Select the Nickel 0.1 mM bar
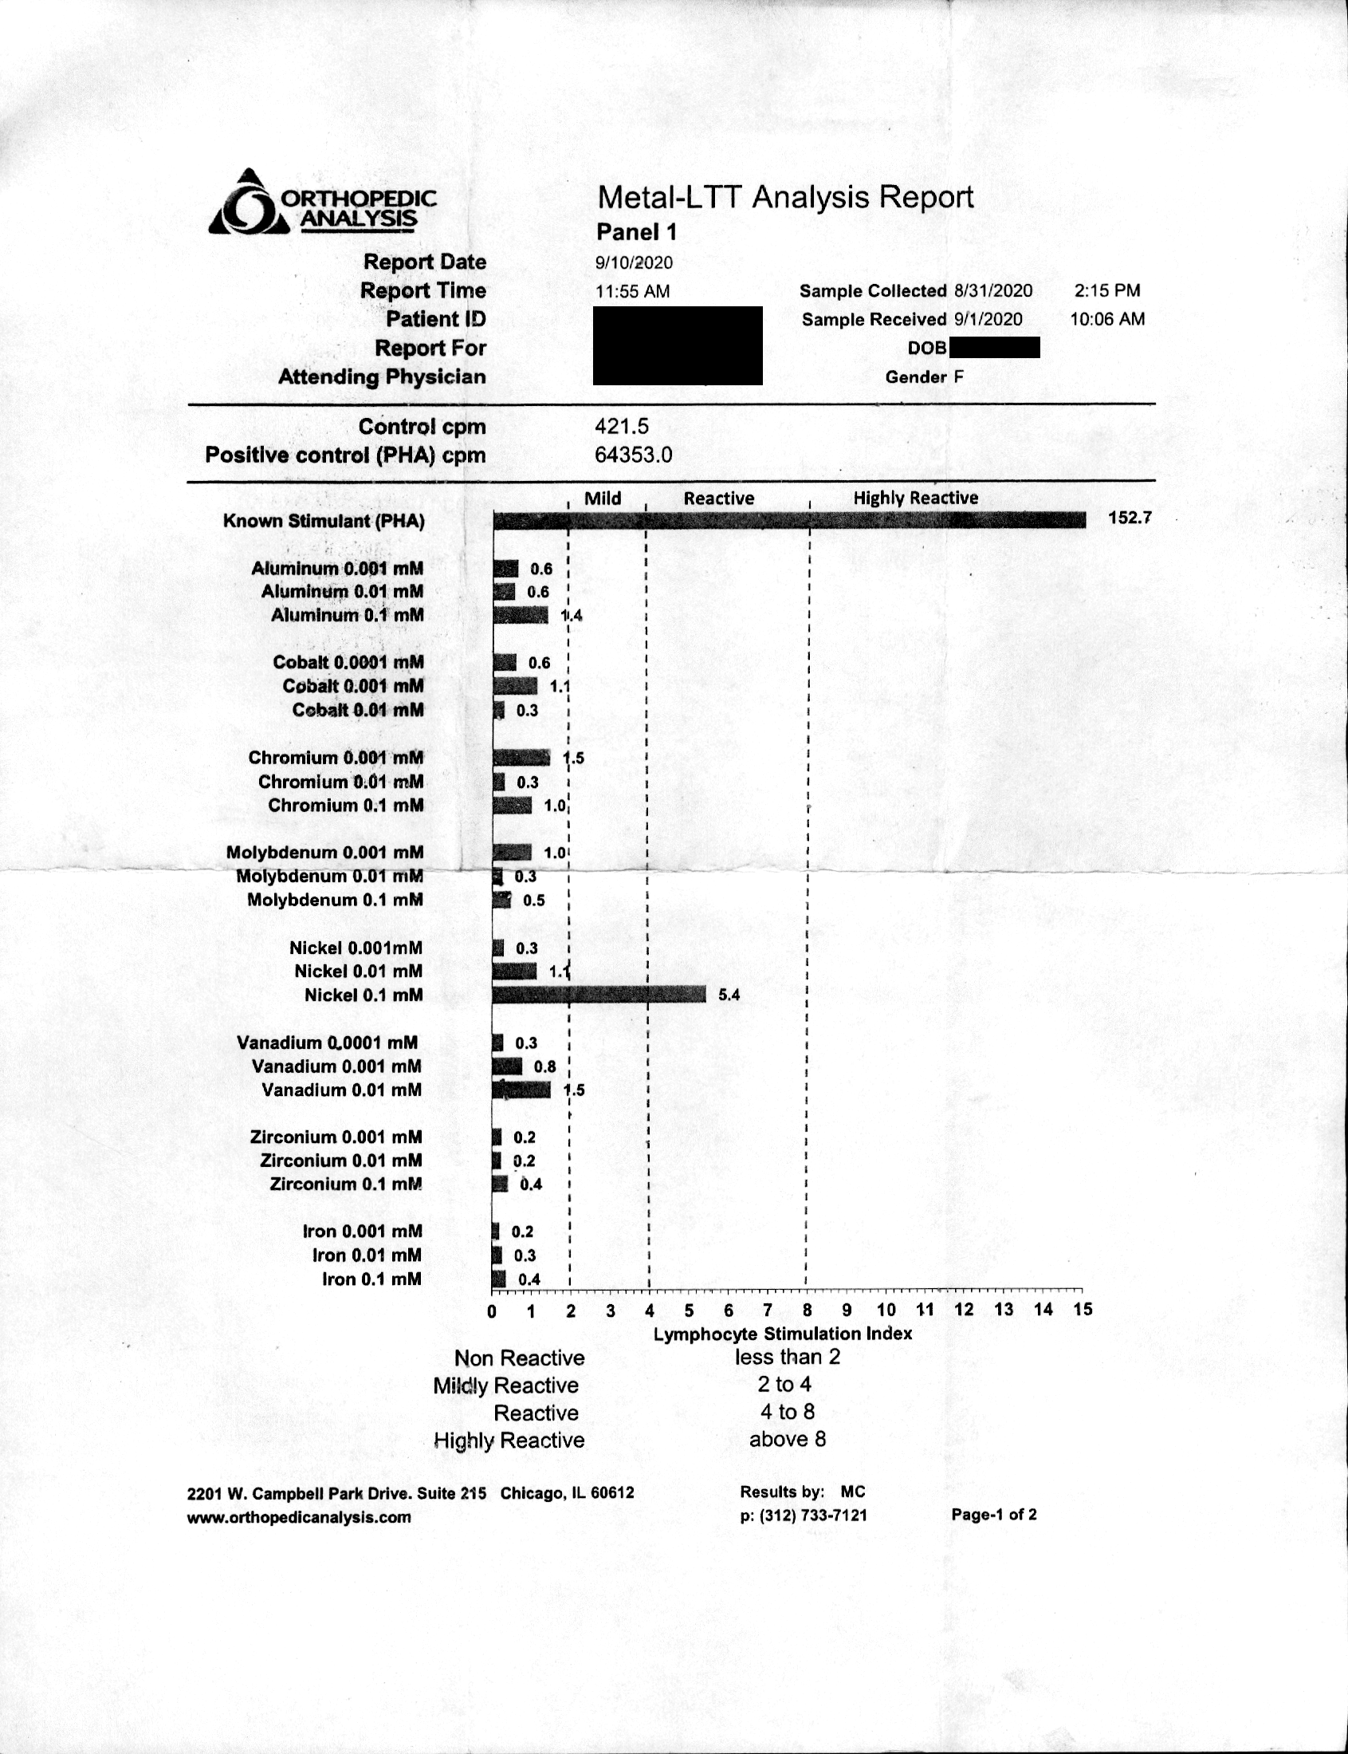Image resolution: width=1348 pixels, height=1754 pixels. click(599, 995)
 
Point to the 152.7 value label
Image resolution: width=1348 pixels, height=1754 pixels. click(1129, 518)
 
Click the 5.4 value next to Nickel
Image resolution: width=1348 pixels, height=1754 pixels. click(729, 995)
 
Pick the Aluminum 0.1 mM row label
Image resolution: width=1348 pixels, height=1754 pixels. click(347, 616)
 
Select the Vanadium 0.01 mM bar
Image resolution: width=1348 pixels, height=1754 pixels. click(521, 1090)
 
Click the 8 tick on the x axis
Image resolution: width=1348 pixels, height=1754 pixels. click(808, 1310)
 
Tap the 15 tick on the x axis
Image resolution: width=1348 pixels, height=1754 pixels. click(1083, 1310)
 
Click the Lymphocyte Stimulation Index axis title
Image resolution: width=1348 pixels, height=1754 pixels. click(782, 1334)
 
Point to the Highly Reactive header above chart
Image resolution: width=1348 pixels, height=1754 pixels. click(915, 498)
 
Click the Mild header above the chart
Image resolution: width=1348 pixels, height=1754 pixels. click(603, 499)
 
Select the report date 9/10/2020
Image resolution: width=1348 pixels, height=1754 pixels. click(634, 263)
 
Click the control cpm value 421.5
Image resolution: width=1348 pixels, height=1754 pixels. click(621, 426)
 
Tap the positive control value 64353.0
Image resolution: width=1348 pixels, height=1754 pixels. click(633, 455)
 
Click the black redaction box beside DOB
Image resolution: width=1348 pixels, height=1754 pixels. click(994, 348)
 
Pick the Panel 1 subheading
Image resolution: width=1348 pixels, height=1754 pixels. click(636, 232)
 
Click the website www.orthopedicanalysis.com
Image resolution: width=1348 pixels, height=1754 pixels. click(298, 1517)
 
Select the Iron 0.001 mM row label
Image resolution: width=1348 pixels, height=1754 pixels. click(362, 1232)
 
